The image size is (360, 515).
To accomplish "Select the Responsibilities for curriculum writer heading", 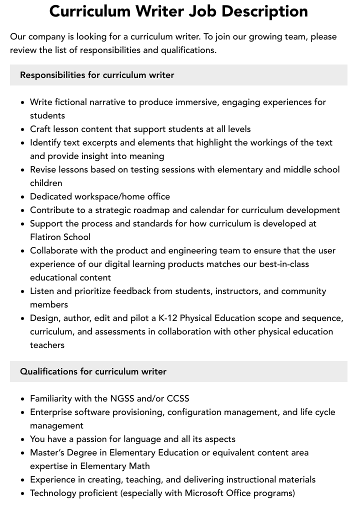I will pos(97,75).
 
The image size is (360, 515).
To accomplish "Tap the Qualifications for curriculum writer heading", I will pos(93,371).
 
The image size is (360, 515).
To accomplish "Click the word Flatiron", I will pos(46,237).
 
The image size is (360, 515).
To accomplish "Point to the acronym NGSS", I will pos(121,398).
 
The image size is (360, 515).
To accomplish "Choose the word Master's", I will pos(48,452).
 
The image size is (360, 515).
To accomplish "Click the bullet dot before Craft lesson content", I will pos(22,129).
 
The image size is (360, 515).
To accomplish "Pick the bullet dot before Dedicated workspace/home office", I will pos(22,197).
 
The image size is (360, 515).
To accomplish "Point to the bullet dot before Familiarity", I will pos(22,399).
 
